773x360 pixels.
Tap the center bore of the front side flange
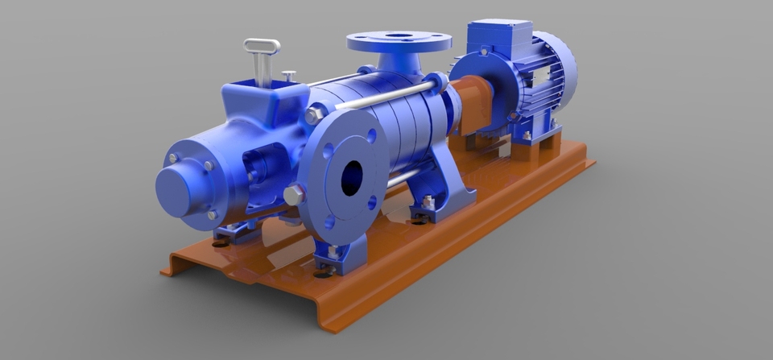pos(352,178)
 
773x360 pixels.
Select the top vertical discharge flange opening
pos(399,36)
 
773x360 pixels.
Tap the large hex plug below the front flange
pos(294,195)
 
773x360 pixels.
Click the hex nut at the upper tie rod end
pos(314,116)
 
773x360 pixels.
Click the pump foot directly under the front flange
pos(333,258)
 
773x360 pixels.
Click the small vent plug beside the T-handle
pos(288,76)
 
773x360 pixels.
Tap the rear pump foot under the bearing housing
pos(234,232)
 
